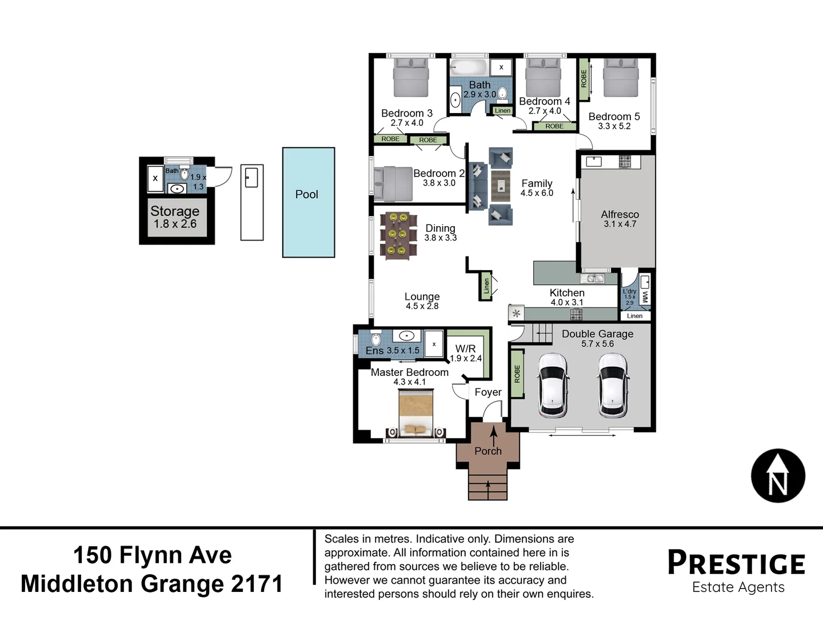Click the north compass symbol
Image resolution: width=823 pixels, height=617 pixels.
[778, 476]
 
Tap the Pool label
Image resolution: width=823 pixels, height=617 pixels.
[306, 194]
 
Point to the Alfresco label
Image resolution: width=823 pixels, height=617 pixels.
[620, 214]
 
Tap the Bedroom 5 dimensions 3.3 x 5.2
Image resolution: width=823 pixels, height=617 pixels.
[614, 126]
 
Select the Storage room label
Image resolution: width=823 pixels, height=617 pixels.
[174, 211]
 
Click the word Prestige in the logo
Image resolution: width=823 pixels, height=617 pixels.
[736, 563]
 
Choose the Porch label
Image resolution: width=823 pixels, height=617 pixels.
[488, 451]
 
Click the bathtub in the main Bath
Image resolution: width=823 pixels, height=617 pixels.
[468, 68]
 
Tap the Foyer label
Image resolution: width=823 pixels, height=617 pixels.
[488, 392]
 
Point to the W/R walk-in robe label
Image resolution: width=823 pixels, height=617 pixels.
[465, 348]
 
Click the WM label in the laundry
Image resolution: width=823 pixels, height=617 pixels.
[645, 297]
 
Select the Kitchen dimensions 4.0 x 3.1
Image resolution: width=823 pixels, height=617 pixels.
[566, 303]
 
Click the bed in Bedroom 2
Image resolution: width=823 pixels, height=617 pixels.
[393, 183]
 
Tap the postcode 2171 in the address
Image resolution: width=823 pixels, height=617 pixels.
[257, 584]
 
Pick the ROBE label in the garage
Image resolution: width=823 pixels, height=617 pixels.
[517, 374]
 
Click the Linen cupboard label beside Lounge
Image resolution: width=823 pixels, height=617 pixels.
[486, 286]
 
